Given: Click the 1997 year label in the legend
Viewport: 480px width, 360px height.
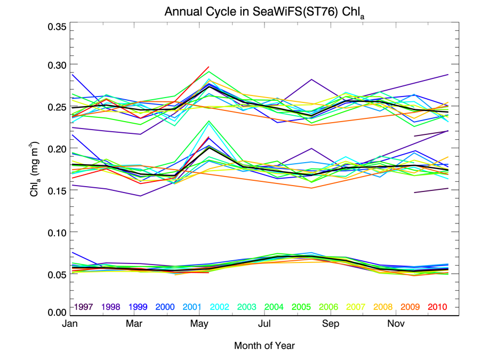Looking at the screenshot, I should pos(85,307).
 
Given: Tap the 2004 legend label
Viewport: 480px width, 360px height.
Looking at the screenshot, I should pos(274,307).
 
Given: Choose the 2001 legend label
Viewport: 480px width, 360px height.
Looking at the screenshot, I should pos(193,307).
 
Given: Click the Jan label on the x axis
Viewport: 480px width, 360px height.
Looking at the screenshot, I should pos(71,324).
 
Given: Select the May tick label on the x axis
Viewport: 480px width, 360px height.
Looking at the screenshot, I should pos(199,324).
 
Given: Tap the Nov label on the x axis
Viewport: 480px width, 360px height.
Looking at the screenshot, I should pos(395,324).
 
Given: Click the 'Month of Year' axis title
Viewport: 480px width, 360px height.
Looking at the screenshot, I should pos(265,346).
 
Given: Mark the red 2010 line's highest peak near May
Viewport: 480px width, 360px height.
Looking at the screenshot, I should pos(209,67).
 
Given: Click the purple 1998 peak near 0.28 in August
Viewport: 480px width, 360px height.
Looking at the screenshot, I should pos(311,79).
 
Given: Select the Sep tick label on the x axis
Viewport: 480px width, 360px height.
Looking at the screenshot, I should pos(330,324).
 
